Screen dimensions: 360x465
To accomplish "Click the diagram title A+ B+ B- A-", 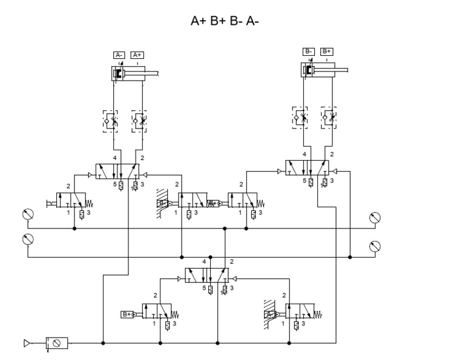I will pyautogui.click(x=225, y=22).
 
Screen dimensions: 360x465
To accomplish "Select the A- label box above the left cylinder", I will pyautogui.click(x=119, y=55).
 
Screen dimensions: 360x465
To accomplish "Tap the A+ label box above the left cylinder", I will pyautogui.click(x=137, y=55).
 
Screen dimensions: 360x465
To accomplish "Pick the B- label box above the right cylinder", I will pyautogui.click(x=309, y=52).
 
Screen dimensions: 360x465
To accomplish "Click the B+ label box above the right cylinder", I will pyautogui.click(x=327, y=52).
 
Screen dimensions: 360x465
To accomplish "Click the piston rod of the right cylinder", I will pyautogui.click(x=339, y=71).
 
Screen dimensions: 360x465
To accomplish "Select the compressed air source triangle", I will pyautogui.click(x=27, y=343).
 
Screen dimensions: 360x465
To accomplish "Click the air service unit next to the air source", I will pyautogui.click(x=57, y=343).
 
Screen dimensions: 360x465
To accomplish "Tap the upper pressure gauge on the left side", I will pyautogui.click(x=27, y=213).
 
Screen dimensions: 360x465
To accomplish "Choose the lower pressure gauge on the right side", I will pyautogui.click(x=375, y=245).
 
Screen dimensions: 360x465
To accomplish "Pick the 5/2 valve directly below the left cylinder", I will pyautogui.click(x=124, y=172).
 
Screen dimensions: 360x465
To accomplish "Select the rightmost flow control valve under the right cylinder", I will pyautogui.click(x=329, y=116).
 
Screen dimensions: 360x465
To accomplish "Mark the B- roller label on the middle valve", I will pyautogui.click(x=162, y=203).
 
